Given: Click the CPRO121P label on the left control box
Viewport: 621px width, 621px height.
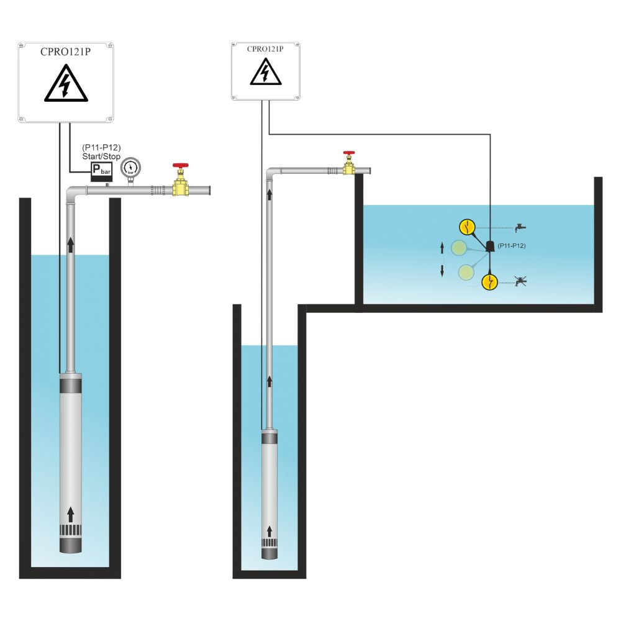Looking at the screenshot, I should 65,51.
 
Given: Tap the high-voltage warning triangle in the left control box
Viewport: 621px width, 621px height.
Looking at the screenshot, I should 65,85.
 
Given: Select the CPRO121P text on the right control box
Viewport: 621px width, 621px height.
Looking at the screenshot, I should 265,48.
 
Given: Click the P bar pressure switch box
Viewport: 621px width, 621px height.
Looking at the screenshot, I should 101,170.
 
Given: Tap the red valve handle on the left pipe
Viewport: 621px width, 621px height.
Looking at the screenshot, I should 181,167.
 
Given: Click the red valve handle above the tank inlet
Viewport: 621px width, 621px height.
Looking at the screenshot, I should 349,153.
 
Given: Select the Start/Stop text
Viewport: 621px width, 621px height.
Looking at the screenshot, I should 101,156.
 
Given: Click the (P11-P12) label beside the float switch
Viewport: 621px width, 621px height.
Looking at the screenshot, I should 512,247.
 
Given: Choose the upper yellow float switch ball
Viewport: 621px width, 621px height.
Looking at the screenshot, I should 467,227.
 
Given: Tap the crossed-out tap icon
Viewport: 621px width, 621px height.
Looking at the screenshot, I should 521,282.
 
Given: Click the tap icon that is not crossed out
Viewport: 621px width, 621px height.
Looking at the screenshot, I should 521,227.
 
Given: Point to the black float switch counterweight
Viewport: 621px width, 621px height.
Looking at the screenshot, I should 489,247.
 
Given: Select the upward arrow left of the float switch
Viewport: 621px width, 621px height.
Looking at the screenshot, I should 442,248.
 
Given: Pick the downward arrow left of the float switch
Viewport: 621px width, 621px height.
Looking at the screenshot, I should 442,271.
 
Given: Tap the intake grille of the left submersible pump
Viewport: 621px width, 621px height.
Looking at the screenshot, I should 70,532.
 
